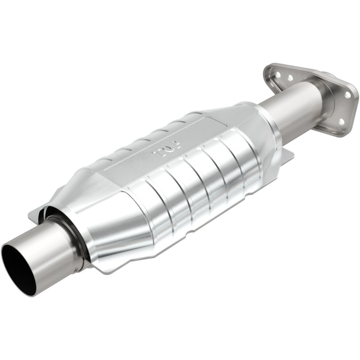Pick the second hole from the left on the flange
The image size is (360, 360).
(290, 78)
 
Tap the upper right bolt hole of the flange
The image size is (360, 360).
(346, 95)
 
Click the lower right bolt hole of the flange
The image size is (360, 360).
(341, 121)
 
